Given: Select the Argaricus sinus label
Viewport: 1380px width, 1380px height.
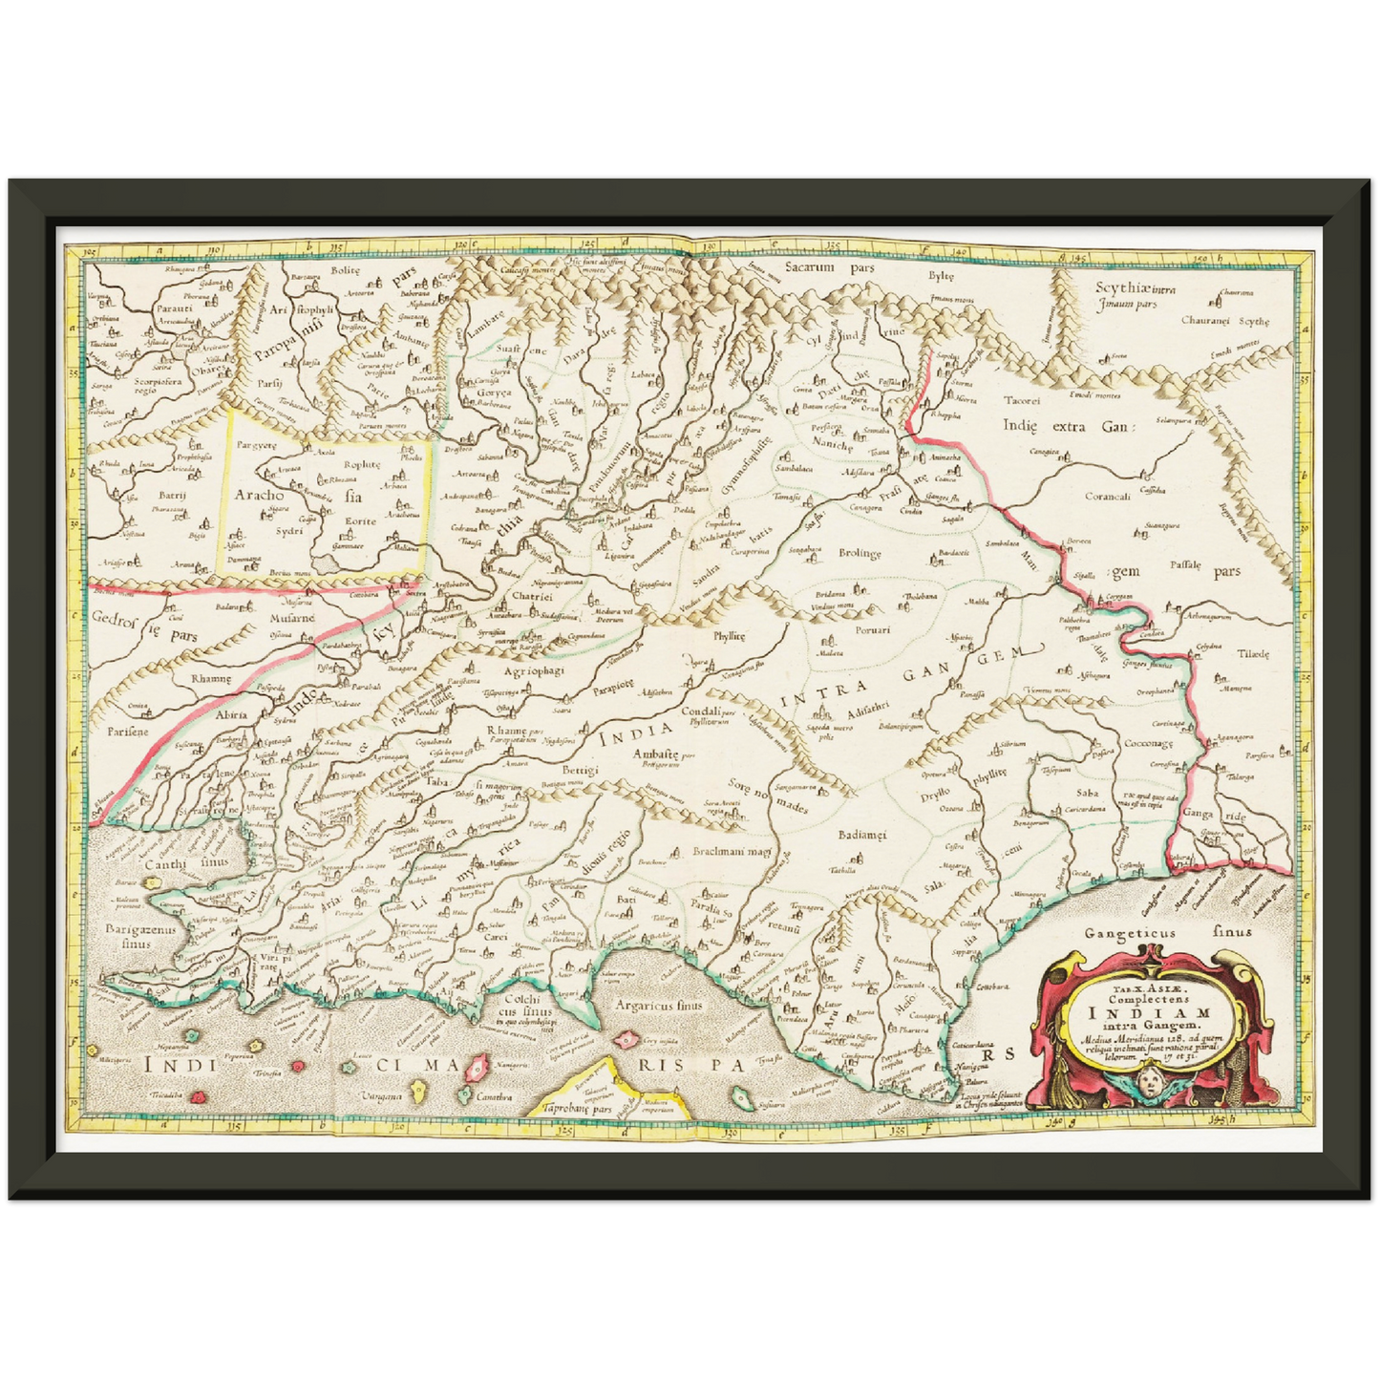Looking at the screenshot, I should [659, 1004].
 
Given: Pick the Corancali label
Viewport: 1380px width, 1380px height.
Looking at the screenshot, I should [1108, 497].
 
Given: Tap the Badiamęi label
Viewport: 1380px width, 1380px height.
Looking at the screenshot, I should [862, 835].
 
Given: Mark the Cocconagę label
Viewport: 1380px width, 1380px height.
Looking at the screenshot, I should [1149, 743].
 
